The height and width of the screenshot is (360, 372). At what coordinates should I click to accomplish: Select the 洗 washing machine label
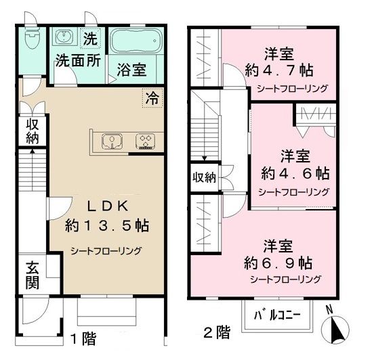tap(89, 38)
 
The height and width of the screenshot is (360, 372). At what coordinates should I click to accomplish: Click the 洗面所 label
tap(78, 60)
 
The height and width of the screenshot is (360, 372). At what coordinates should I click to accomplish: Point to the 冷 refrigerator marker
tap(152, 97)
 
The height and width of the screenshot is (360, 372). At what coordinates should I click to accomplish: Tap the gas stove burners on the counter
tap(145, 141)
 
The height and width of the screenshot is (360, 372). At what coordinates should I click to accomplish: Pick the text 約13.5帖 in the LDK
tap(108, 225)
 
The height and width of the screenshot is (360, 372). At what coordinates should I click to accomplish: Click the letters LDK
tap(108, 206)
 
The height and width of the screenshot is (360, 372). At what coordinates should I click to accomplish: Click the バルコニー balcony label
tap(278, 315)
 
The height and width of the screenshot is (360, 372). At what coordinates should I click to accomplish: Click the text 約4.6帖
tap(293, 172)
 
